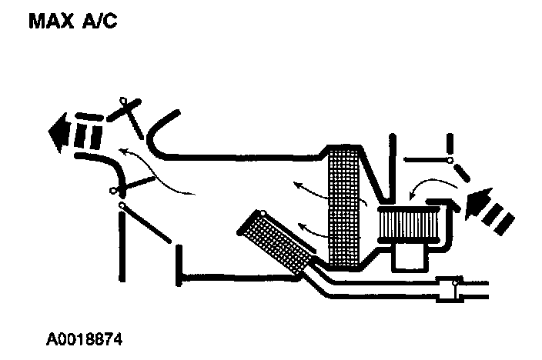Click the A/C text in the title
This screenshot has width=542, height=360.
point(101,22)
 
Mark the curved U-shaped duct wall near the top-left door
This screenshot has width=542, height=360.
point(154,138)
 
